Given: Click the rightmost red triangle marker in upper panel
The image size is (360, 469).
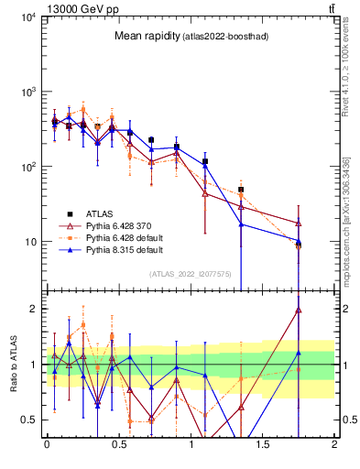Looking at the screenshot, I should pyautogui.click(x=299, y=224).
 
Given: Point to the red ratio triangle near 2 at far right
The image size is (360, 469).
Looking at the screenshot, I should pyautogui.click(x=299, y=311).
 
